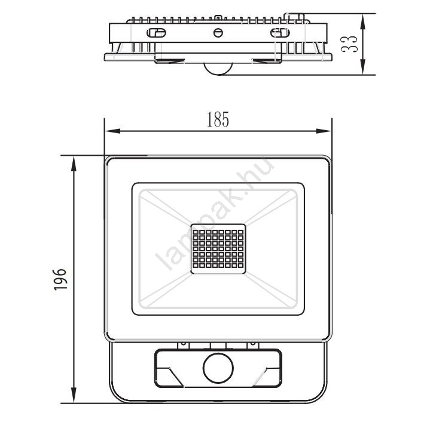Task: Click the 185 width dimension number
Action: [218, 119]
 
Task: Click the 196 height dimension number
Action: [60, 279]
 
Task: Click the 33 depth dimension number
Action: [349, 44]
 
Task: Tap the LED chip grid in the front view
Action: [218, 249]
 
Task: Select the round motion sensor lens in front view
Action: [218, 368]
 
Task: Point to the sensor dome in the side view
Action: [218, 69]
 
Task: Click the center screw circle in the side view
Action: [218, 33]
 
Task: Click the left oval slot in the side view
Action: [156, 33]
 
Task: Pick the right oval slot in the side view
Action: [280, 33]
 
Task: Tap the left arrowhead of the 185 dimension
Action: [112, 131]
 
